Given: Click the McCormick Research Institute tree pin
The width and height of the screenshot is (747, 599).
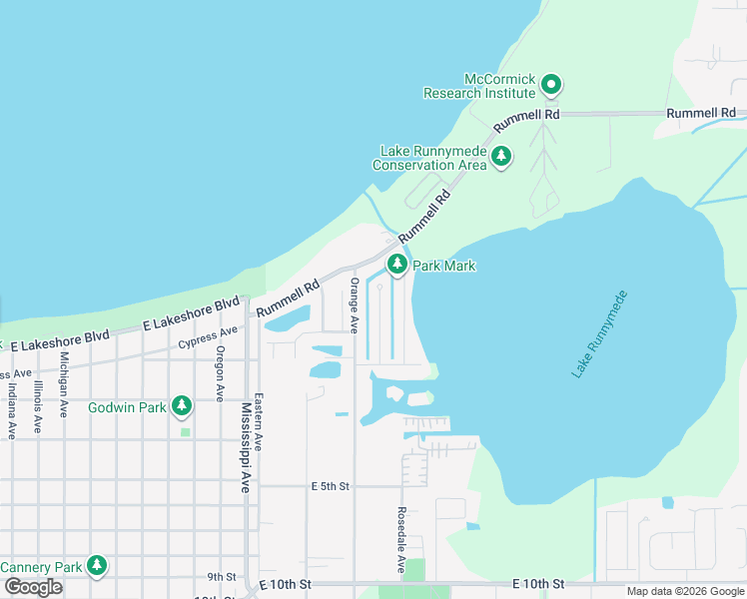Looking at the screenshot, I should click(550, 84).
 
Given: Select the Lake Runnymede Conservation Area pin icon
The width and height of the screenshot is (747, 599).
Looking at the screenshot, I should click(501, 156).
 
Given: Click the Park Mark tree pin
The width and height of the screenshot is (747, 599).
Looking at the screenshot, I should click(397, 265).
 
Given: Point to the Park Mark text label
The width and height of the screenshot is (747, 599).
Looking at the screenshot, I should click(444, 267).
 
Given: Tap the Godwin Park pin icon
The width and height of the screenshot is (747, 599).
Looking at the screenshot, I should click(181, 404).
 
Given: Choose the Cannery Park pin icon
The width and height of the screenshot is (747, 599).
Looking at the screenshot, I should click(96, 566).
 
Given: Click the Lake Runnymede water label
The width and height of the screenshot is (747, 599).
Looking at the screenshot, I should click(600, 334).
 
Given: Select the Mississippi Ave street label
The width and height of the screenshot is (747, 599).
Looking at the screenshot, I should click(246, 448).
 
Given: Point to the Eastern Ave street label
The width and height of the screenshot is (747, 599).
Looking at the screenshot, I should click(258, 421).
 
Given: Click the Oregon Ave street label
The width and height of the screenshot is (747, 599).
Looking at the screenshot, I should click(221, 373).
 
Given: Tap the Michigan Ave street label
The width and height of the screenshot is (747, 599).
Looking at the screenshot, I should click(64, 383).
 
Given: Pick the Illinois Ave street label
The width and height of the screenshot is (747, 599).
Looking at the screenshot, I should click(38, 405).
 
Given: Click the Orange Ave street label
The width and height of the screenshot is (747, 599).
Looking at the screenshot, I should click(354, 305).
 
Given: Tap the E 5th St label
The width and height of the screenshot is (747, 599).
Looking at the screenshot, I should click(330, 486).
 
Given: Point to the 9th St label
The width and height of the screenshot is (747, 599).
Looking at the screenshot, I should click(221, 576).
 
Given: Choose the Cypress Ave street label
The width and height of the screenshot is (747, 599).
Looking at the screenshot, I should click(208, 337).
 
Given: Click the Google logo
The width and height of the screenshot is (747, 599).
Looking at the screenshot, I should click(33, 587).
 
